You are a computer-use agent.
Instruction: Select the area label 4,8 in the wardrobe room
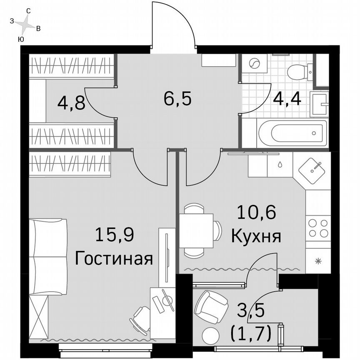point(71,102)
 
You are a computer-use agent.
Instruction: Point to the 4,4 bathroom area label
point(287,99)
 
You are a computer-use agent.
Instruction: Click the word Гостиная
point(114,259)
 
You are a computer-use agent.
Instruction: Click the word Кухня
point(256,236)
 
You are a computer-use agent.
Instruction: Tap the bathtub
point(292,133)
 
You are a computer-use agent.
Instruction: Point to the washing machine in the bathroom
point(253,63)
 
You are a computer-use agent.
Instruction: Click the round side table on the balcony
point(211,334)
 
